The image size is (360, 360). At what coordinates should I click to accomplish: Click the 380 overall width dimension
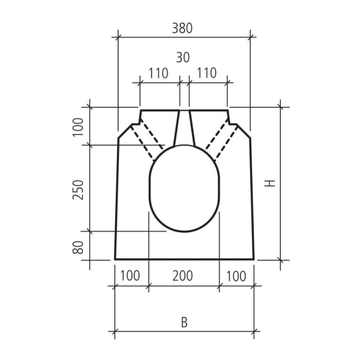(184, 27)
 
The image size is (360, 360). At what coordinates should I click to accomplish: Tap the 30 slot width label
(183, 58)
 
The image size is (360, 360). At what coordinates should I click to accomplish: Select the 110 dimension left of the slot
(158, 74)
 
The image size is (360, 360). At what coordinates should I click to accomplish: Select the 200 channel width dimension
(183, 276)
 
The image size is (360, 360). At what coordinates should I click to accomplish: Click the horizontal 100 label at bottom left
(130, 276)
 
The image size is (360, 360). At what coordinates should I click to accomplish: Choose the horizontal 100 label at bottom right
(236, 276)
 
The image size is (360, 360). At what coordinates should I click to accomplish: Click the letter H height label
(271, 184)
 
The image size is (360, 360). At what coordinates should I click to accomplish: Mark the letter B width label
(185, 322)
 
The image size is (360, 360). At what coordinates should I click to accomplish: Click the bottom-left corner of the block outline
(115, 259)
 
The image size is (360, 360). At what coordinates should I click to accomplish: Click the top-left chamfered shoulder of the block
(125, 130)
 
